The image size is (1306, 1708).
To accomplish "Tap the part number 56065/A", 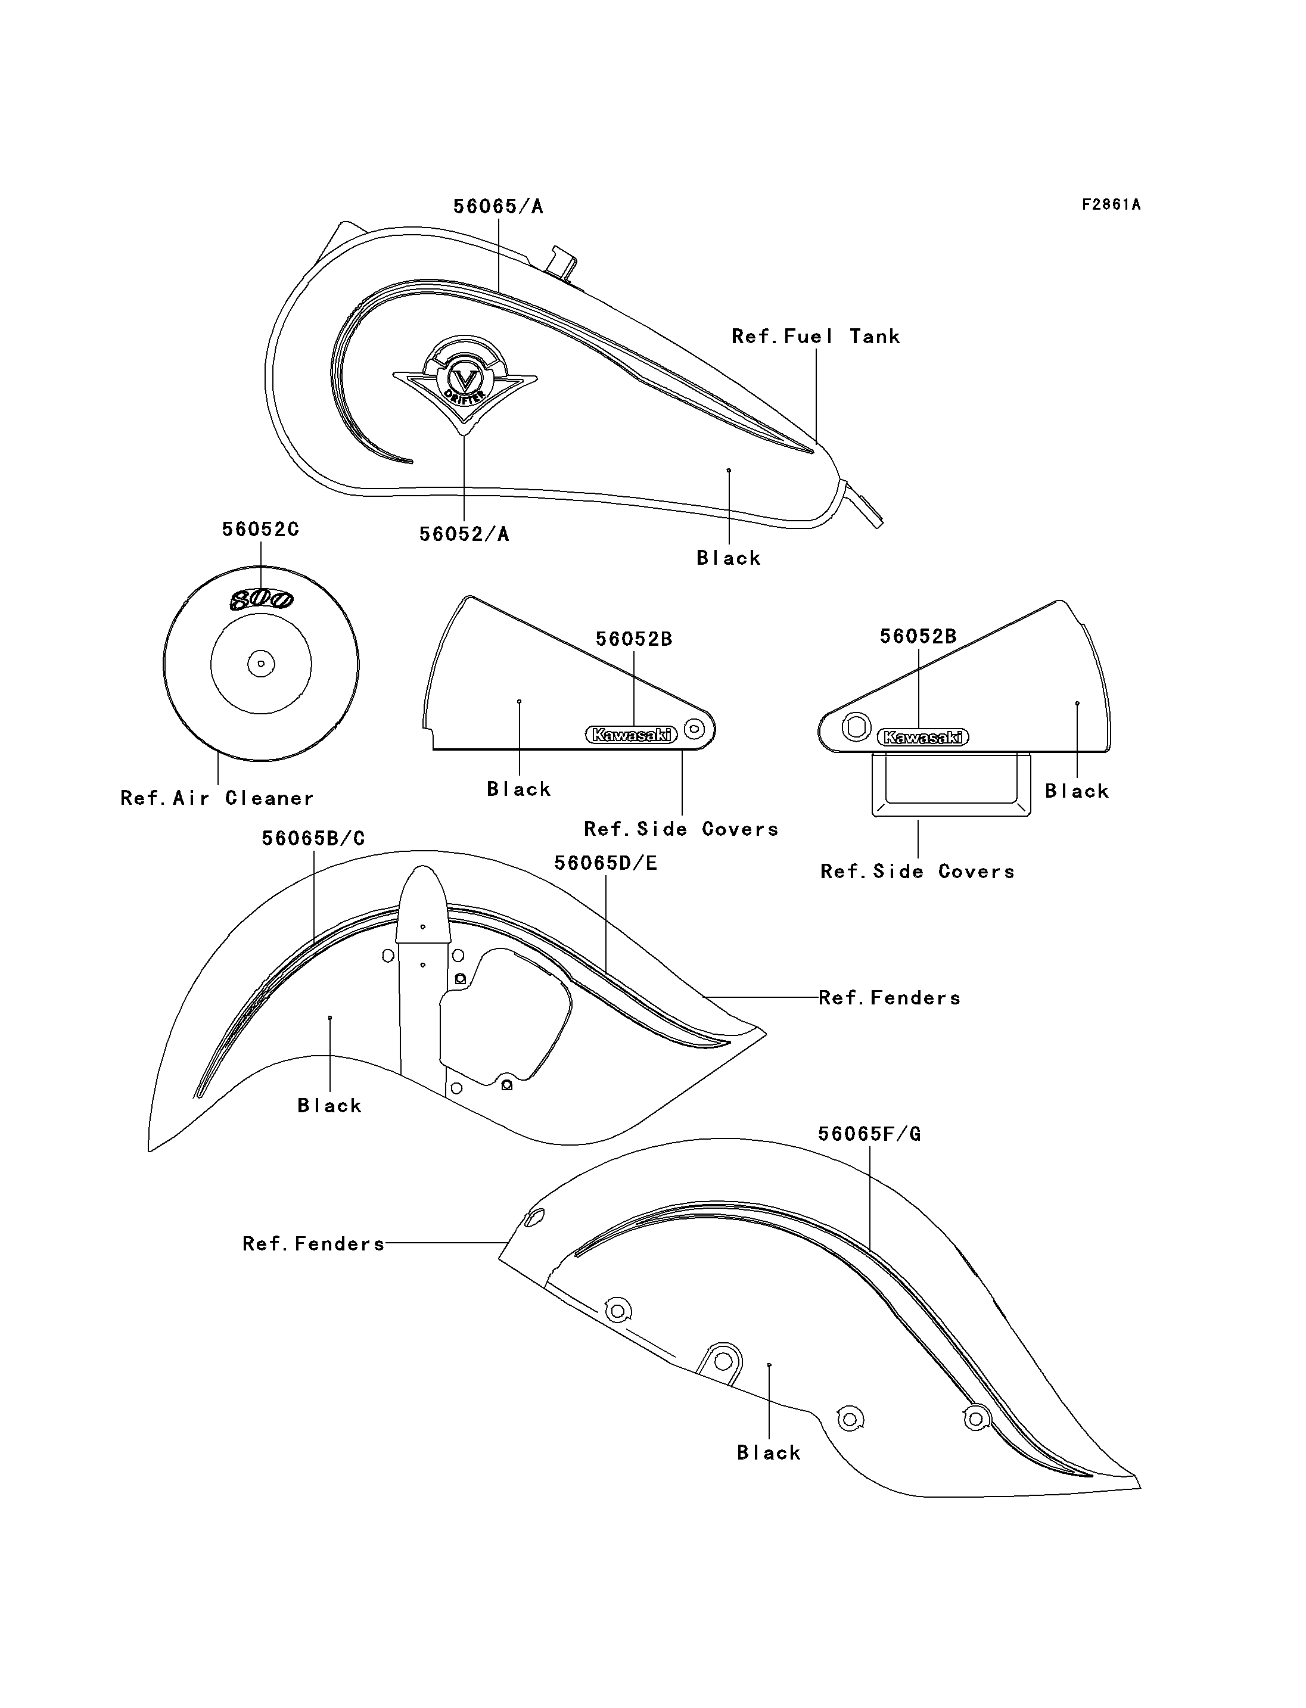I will (x=498, y=206).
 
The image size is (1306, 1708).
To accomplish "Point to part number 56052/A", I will (x=464, y=534).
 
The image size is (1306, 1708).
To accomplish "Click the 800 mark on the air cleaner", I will (x=261, y=599).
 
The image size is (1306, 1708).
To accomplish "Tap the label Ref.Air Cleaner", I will (x=217, y=798).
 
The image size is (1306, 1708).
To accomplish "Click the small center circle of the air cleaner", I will (x=261, y=664).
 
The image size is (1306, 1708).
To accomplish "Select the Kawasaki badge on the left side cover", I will (x=631, y=734).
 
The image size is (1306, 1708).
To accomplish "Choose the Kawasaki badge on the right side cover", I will (x=923, y=737).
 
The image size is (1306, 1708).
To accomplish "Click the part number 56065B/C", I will (x=313, y=838).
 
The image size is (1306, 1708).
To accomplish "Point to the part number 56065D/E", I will (x=605, y=863).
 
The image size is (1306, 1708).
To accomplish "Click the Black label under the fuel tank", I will (x=729, y=558).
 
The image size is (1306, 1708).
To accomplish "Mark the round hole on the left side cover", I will (x=695, y=729).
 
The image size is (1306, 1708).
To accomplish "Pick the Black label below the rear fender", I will (x=768, y=1453).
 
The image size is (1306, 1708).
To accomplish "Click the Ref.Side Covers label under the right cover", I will (x=918, y=872).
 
